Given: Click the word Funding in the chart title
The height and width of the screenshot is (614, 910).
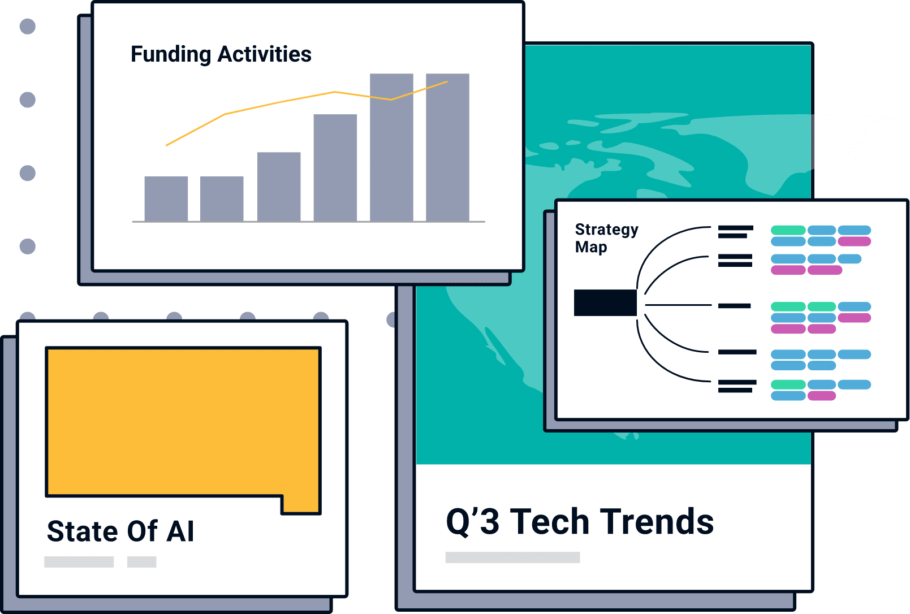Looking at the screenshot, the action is click(x=171, y=55).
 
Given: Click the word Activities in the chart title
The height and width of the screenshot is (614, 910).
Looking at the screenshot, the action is click(x=264, y=54).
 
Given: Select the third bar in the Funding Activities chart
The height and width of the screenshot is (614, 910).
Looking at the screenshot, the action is click(x=279, y=187).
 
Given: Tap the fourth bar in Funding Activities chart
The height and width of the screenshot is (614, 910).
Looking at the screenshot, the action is click(x=335, y=168).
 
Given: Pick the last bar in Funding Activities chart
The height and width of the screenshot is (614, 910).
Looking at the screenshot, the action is click(x=447, y=148).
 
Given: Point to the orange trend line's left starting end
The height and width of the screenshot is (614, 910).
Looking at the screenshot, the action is click(x=167, y=145).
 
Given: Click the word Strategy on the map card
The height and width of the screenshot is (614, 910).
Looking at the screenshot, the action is click(x=606, y=230).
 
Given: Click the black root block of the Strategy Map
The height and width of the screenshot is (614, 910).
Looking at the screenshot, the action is click(x=605, y=302).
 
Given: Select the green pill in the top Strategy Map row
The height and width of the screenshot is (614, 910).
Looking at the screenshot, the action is click(x=788, y=230).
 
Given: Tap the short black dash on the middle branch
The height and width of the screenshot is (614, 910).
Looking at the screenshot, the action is click(x=734, y=306).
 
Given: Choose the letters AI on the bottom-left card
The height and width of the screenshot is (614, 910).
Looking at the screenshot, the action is click(x=180, y=531).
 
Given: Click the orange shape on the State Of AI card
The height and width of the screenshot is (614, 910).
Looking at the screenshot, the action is click(x=183, y=422).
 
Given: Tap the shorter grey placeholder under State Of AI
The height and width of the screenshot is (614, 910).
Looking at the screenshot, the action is click(x=142, y=561).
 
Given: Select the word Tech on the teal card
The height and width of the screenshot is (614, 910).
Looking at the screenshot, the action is click(x=550, y=522).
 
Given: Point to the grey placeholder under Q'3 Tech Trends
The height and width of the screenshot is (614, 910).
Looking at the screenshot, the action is click(x=512, y=557).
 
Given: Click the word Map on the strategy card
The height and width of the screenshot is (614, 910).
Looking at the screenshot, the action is click(x=591, y=247).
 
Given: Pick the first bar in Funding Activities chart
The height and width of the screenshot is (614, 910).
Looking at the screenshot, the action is click(x=166, y=199).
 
